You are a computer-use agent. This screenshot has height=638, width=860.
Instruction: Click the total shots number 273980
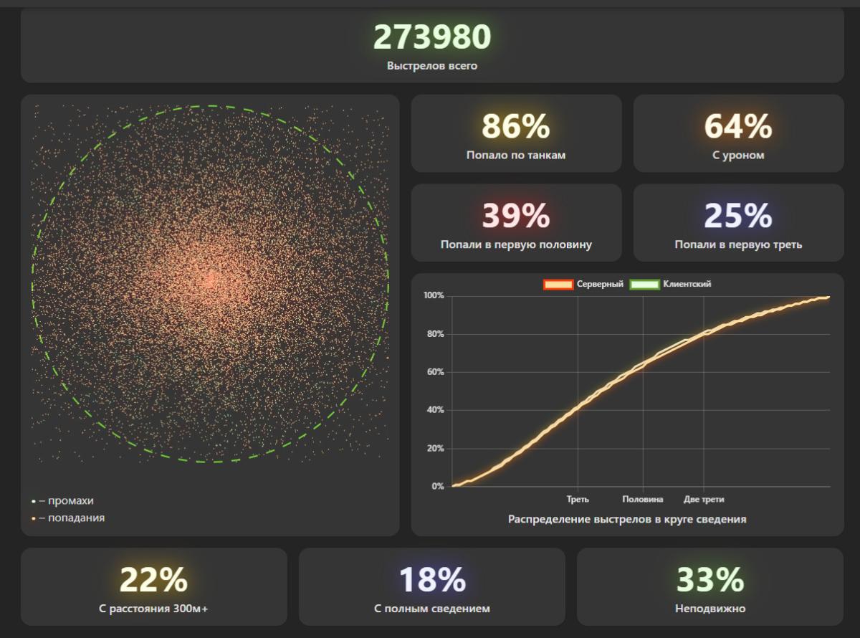click(x=432, y=37)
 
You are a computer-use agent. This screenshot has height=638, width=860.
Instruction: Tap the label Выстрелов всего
click(x=432, y=66)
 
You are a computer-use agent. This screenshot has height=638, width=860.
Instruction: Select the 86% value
click(x=516, y=127)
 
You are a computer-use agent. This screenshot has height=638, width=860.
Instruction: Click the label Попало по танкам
click(x=516, y=156)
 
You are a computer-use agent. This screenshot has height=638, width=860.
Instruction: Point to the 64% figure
click(x=738, y=127)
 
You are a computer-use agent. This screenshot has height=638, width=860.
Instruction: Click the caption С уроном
click(x=738, y=156)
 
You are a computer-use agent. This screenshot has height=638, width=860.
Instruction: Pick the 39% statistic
click(x=516, y=216)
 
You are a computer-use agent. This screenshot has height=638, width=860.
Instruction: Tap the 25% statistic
click(x=738, y=216)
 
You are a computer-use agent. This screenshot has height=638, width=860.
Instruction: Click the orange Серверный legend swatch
click(x=558, y=285)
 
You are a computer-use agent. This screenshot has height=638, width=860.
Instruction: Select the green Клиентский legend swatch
click(x=644, y=285)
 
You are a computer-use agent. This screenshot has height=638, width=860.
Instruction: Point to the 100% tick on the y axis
click(x=434, y=296)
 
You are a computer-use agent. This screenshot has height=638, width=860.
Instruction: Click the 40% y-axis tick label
click(x=434, y=410)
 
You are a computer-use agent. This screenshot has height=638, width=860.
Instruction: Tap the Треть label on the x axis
click(x=578, y=499)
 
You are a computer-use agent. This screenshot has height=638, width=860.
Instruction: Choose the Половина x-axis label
click(x=643, y=499)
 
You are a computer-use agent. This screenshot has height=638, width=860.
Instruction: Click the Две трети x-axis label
click(x=704, y=499)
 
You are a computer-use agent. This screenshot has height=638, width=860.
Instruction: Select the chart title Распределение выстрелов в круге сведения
click(x=627, y=519)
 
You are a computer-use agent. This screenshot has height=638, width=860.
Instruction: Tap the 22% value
click(x=153, y=580)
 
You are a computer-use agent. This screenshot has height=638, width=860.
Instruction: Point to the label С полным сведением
click(x=432, y=609)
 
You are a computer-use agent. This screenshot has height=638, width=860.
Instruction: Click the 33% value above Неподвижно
click(x=710, y=580)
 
